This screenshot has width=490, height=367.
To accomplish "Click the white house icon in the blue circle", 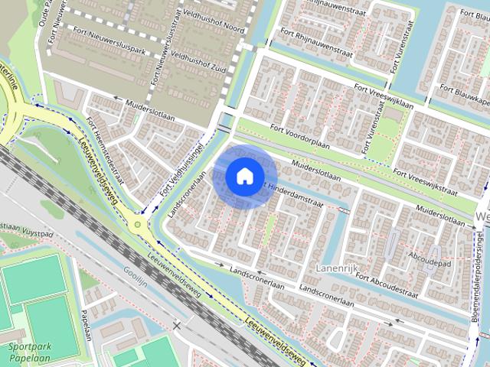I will click(243, 175).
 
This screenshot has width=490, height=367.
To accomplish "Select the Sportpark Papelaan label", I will click(28, 351).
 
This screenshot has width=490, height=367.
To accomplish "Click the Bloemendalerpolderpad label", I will click(475, 282).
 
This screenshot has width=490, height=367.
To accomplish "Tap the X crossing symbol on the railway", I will click(178, 325).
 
